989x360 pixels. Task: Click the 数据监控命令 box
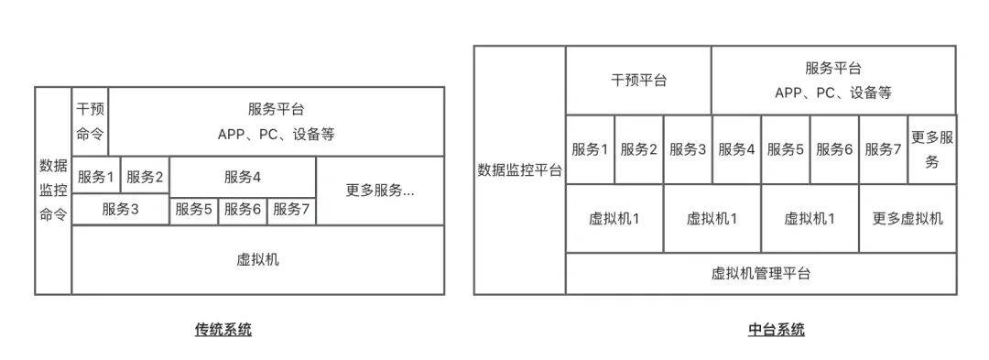tap(53, 191)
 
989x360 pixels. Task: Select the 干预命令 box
tap(90, 121)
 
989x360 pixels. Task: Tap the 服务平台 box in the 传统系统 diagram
tap(276, 121)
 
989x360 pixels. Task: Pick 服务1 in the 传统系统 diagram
tap(96, 176)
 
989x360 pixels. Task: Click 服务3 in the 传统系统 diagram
tap(120, 209)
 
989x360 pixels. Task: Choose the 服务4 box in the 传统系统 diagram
tap(243, 176)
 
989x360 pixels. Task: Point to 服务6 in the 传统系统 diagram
tap(243, 210)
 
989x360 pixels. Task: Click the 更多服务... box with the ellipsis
tap(380, 191)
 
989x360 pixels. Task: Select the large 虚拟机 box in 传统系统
tap(257, 259)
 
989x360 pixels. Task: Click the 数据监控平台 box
tap(519, 170)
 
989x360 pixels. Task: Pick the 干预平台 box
tap(638, 80)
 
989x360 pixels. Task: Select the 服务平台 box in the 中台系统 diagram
tap(833, 80)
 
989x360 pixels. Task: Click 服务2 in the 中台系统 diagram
tap(639, 149)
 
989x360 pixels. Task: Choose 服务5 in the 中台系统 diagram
tap(786, 149)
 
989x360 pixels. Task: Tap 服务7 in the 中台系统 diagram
tap(883, 149)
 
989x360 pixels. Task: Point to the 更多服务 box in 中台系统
tap(932, 149)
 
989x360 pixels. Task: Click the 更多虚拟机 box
tap(907, 218)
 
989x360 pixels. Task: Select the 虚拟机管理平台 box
tap(760, 273)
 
